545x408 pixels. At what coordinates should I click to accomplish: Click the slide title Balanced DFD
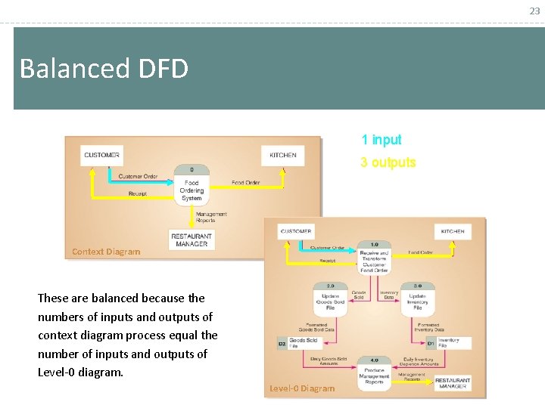tap(104, 69)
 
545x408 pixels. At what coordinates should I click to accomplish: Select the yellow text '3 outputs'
tap(388, 162)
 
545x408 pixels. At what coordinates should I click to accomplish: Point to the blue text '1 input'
tap(381, 140)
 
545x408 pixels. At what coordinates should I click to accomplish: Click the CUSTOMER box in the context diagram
tap(101, 155)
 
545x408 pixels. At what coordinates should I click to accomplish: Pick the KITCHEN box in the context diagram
tap(283, 155)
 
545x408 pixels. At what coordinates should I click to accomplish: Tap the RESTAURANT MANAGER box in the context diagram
tap(192, 240)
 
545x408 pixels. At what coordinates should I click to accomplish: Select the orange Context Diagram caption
tap(106, 252)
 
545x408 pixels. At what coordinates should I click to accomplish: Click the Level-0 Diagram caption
tap(301, 388)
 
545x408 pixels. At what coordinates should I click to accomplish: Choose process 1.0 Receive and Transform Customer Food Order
tap(374, 257)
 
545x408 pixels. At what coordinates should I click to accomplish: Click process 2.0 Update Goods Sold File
tap(331, 300)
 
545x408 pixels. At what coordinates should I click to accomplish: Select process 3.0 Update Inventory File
tap(417, 300)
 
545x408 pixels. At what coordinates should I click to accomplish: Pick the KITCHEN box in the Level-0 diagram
tap(453, 231)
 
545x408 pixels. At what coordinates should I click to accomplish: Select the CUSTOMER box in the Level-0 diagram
tap(296, 231)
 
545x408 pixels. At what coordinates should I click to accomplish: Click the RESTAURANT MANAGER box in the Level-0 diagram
tap(452, 383)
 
